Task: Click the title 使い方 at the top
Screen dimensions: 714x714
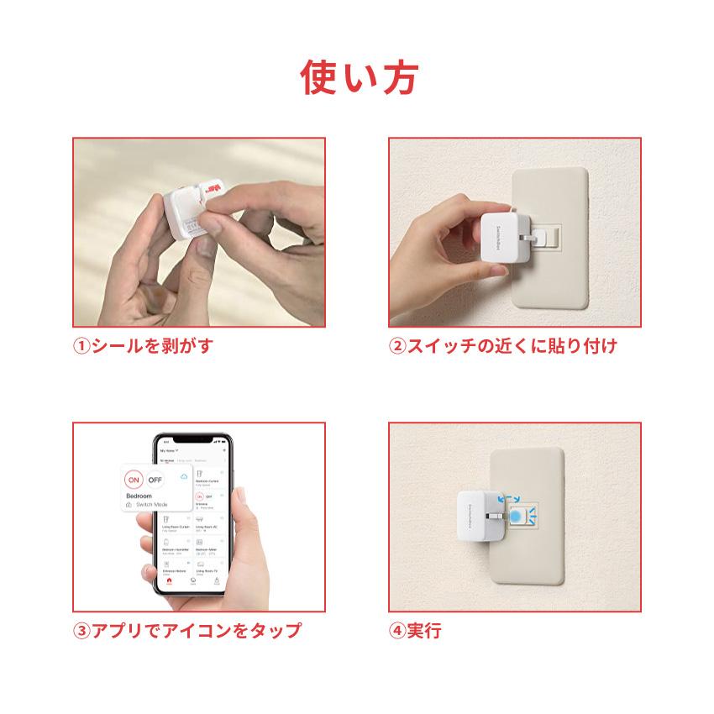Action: point(357,77)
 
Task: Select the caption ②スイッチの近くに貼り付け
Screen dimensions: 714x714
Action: point(502,345)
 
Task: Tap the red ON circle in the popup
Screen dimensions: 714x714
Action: point(132,480)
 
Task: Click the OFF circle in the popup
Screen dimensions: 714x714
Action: point(156,480)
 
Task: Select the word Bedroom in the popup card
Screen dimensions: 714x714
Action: point(139,496)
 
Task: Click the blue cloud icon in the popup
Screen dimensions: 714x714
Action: point(184,478)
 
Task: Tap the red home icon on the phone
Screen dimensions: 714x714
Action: point(170,579)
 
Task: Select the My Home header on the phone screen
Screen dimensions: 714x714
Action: point(169,451)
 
